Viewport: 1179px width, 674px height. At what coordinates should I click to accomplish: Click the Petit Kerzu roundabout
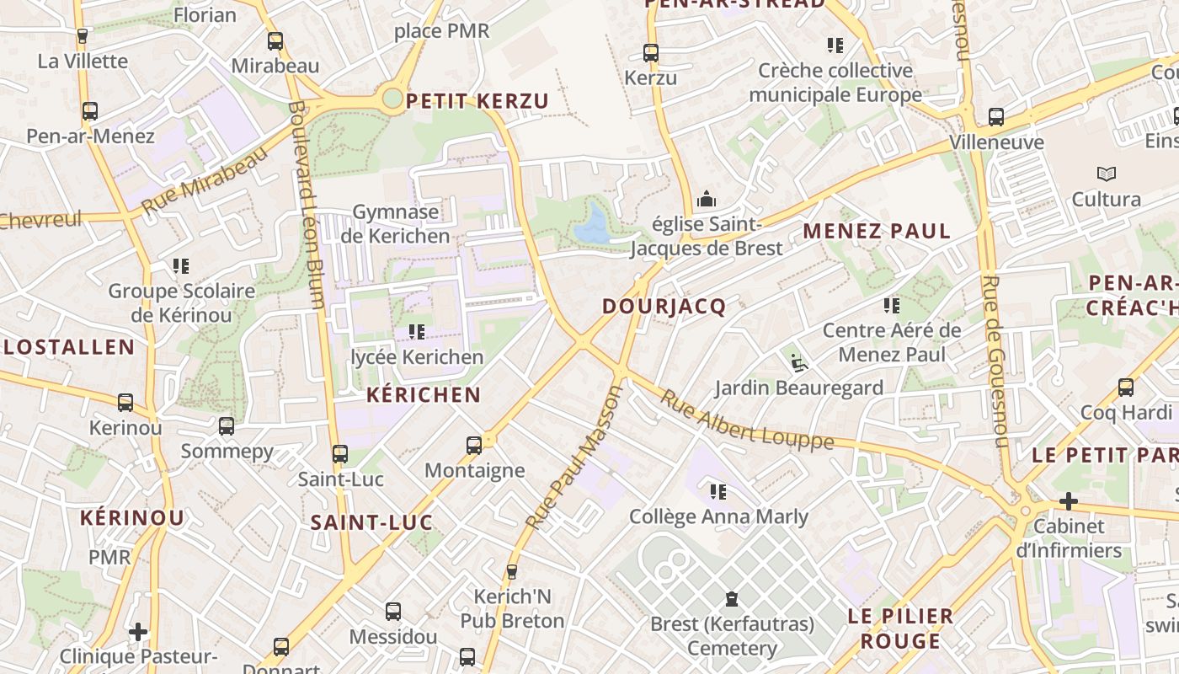pos(392,99)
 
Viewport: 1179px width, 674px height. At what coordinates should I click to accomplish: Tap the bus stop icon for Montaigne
pos(474,445)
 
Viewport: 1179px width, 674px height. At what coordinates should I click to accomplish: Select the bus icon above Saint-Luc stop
pos(340,454)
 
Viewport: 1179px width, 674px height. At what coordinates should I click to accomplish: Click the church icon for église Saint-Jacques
pos(706,200)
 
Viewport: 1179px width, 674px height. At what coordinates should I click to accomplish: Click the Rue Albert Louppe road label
pos(746,422)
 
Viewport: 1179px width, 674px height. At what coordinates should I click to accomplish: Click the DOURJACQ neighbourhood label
pos(664,307)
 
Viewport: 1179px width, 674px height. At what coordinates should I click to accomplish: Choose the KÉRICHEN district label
pos(424,395)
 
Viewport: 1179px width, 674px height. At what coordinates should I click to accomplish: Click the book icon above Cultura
pos(1106,174)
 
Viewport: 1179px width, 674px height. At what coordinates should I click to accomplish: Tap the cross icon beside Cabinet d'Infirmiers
pos(1068,502)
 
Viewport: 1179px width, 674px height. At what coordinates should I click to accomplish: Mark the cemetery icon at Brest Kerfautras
pos(731,599)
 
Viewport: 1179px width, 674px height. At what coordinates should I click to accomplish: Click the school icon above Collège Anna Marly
pos(718,491)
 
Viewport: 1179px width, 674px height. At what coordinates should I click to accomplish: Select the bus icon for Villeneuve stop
pos(996,117)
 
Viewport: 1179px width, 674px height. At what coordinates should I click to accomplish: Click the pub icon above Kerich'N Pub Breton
pos(511,572)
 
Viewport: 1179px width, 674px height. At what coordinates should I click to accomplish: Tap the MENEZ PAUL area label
pos(876,231)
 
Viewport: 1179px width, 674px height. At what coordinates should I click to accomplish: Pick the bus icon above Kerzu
pos(650,53)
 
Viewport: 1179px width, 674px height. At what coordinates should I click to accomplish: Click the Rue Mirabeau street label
pos(204,180)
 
